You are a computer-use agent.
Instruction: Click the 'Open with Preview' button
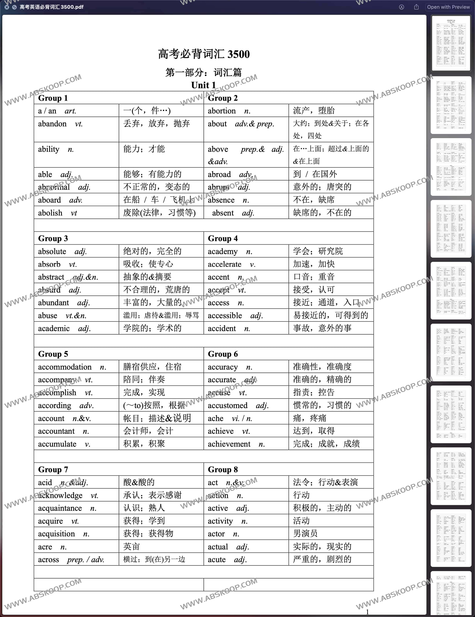[x=448, y=7]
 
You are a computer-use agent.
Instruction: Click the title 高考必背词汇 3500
[x=204, y=54]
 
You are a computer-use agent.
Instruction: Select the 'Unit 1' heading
[x=203, y=85]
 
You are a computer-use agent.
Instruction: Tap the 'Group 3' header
[x=53, y=238]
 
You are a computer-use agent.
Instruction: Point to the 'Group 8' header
[x=223, y=470]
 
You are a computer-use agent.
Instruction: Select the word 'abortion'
[x=222, y=111]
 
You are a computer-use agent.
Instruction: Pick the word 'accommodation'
[x=65, y=367]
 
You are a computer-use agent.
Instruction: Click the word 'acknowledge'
[x=60, y=495]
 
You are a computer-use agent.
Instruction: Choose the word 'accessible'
[x=225, y=316]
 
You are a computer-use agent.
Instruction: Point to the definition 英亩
[x=132, y=547]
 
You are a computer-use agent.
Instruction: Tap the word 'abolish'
[x=50, y=213]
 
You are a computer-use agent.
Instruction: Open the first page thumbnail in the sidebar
[x=451, y=43]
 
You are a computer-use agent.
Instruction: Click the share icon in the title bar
[x=416, y=7]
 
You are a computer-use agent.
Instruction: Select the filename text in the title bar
[x=51, y=7]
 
